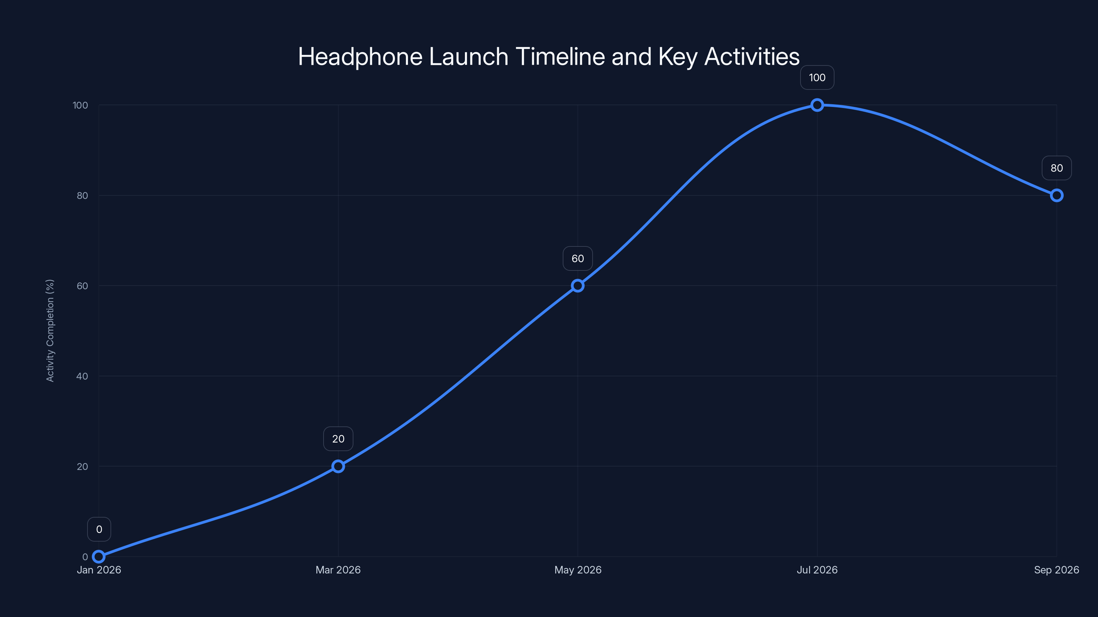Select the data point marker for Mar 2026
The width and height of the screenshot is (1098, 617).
click(338, 466)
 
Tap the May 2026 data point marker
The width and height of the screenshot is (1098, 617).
click(577, 286)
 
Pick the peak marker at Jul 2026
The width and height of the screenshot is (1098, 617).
click(817, 105)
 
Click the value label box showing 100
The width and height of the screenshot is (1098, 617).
click(817, 77)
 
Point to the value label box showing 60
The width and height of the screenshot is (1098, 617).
click(577, 258)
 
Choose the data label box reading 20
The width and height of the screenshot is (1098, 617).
click(338, 439)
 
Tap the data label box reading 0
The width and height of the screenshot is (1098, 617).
click(99, 529)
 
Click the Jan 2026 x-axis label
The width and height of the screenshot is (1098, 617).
click(99, 570)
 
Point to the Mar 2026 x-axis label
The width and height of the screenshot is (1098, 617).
click(338, 570)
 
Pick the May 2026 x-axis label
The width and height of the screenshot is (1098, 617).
click(577, 570)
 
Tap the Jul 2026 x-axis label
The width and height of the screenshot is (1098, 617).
click(817, 570)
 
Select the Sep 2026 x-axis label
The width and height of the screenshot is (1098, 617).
click(1056, 570)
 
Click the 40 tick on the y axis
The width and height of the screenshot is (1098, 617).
click(82, 376)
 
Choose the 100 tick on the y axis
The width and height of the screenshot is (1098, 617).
click(80, 105)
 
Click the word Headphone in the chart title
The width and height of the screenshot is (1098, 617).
click(360, 57)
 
